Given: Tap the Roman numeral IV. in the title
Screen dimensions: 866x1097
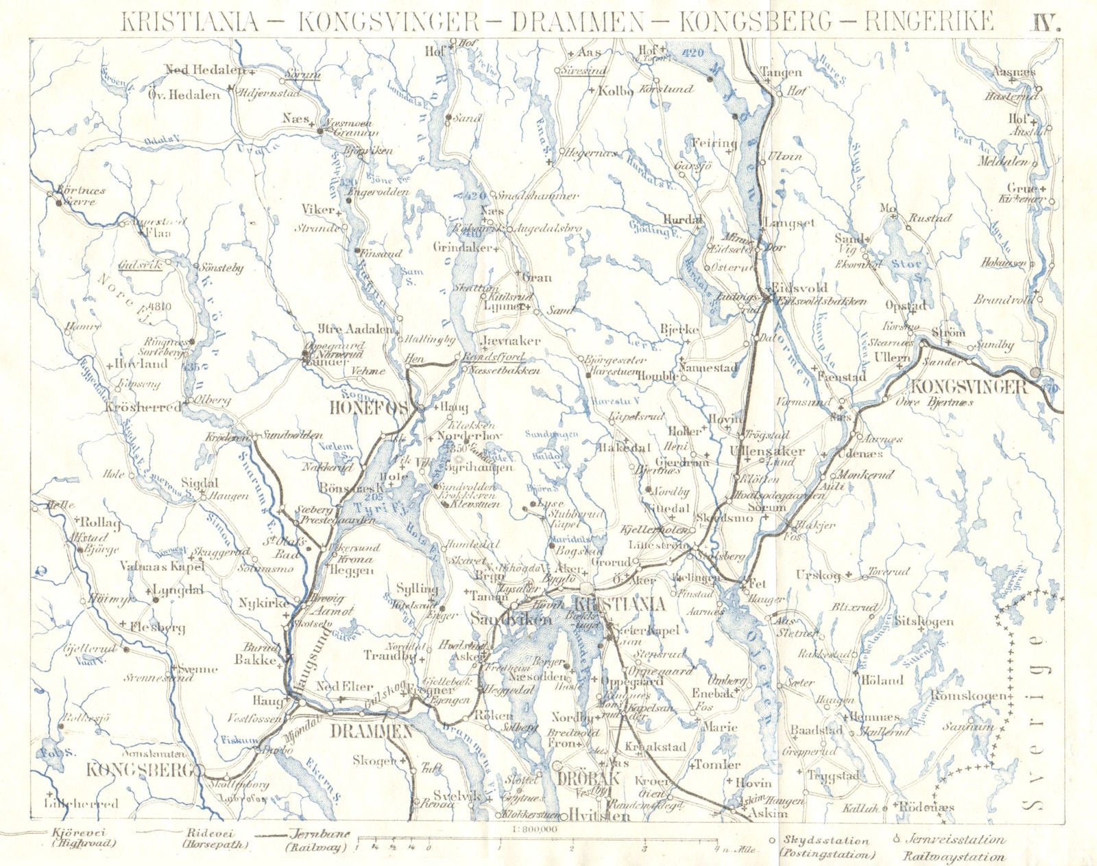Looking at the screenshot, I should (x=1046, y=21).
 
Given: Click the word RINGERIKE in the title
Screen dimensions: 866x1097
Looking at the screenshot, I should (x=928, y=21).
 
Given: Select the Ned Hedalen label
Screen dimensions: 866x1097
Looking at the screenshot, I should (x=204, y=69).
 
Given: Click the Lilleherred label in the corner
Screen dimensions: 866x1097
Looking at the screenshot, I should (x=80, y=803).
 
